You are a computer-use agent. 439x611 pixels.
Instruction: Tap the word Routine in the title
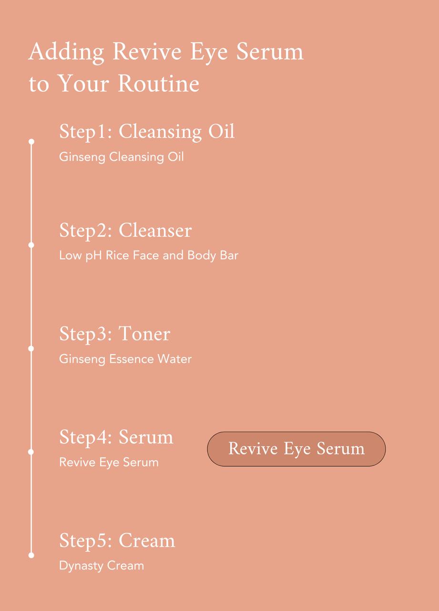(x=158, y=84)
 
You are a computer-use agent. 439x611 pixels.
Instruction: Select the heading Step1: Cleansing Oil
(x=147, y=132)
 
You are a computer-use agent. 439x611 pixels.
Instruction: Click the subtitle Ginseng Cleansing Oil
(x=121, y=157)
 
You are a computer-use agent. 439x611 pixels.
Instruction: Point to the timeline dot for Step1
(x=31, y=142)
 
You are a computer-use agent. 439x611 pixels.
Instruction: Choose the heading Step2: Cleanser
(x=125, y=231)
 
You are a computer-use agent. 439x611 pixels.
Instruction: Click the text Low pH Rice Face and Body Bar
(x=148, y=255)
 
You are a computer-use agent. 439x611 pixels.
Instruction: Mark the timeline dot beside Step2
(x=31, y=245)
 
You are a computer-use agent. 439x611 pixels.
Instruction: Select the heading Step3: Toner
(x=114, y=334)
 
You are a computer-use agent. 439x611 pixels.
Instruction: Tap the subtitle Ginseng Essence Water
(x=125, y=359)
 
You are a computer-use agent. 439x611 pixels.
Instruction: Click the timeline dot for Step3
(x=31, y=348)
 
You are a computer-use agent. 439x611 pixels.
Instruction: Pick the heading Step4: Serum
(x=116, y=437)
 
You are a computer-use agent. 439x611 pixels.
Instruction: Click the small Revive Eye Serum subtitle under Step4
(x=109, y=462)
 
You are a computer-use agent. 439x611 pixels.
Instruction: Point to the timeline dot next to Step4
(x=31, y=452)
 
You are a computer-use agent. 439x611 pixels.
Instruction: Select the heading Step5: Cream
(x=117, y=541)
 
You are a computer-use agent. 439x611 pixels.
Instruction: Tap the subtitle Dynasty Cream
(x=101, y=566)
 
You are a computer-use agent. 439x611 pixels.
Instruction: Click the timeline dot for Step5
(x=31, y=555)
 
